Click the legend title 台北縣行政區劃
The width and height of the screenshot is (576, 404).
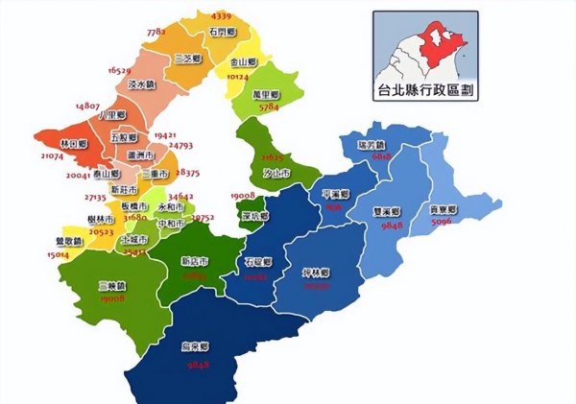click(428, 92)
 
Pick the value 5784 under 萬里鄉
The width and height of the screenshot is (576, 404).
click(268, 107)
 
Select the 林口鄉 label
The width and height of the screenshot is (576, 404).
click(73, 143)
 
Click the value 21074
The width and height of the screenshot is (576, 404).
click(52, 155)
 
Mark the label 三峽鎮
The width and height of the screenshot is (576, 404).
click(113, 286)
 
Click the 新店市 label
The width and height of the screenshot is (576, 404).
click(195, 261)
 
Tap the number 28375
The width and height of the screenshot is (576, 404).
click(187, 174)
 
